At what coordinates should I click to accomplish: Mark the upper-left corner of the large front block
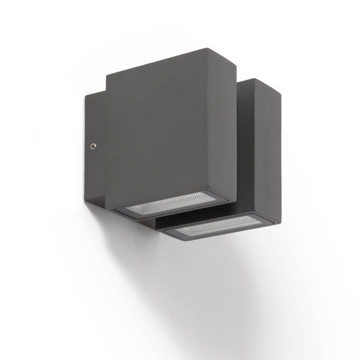point(106,76)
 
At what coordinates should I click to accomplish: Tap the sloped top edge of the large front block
point(157,62)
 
